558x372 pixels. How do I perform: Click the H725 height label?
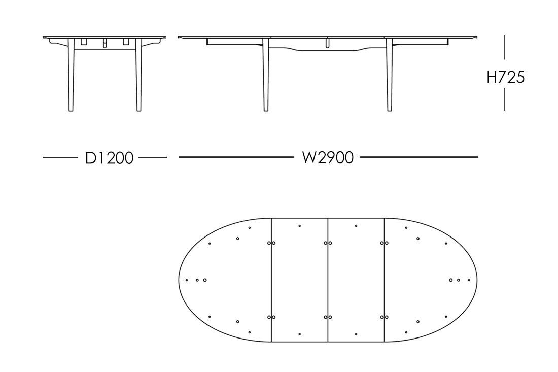tap(505, 77)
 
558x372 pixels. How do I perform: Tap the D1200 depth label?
tap(110, 158)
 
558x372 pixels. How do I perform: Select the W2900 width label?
tap(327, 158)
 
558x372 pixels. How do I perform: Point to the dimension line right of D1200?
tap(152, 158)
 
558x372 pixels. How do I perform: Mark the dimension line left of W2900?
tap(236, 158)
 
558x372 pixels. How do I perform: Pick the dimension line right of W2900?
tap(419, 158)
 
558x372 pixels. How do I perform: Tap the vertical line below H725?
tap(504, 99)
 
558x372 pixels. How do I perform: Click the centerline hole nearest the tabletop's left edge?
tap(187, 280)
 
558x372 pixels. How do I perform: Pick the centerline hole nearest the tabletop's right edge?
tap(469, 280)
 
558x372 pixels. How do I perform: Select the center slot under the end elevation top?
tap(104, 43)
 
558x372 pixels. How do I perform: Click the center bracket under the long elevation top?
tap(328, 43)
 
